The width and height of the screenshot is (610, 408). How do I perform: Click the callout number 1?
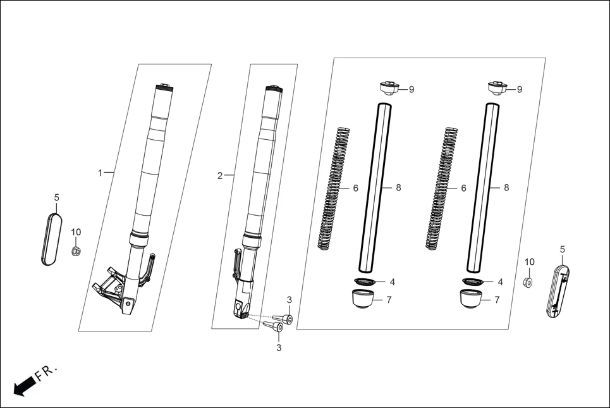click(99, 173)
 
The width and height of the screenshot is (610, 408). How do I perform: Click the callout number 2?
click(219, 176)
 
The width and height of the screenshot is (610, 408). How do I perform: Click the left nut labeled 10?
click(75, 251)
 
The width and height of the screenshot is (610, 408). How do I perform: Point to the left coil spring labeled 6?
click(333, 189)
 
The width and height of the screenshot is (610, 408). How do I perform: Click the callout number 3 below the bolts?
click(278, 348)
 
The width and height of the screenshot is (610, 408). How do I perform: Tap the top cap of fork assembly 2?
click(274, 89)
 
